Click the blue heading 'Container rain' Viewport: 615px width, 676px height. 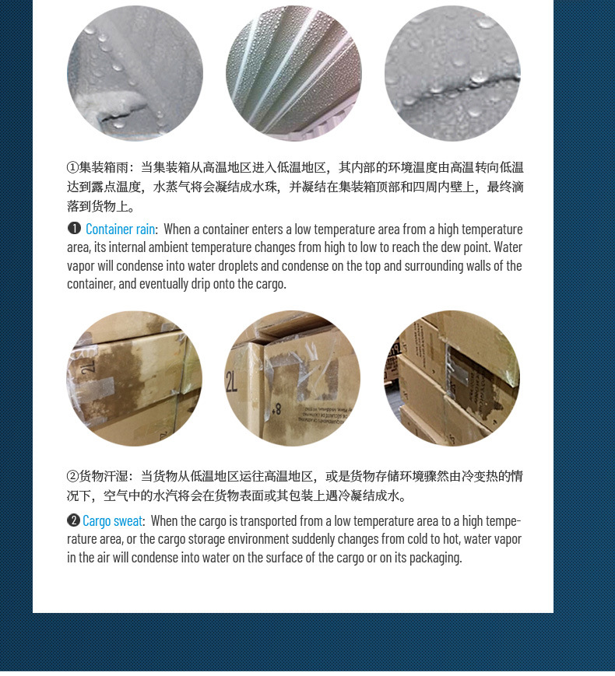coord(121,229)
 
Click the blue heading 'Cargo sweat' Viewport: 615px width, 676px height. coord(113,521)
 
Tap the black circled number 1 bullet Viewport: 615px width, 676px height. coord(75,229)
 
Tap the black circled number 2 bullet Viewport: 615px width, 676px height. coord(74,520)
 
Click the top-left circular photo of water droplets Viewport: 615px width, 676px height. coord(135,73)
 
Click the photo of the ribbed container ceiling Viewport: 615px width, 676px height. coord(293,73)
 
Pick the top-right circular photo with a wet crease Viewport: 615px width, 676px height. coord(452,73)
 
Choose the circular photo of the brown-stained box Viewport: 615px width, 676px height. coord(134,379)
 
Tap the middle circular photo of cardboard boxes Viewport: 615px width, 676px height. coord(293,379)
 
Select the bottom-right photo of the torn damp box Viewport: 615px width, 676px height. coord(452,379)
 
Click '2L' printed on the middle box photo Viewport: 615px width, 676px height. coord(231,382)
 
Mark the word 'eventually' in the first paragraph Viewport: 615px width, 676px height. coord(166,284)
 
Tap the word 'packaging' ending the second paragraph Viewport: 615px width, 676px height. coord(437,558)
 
